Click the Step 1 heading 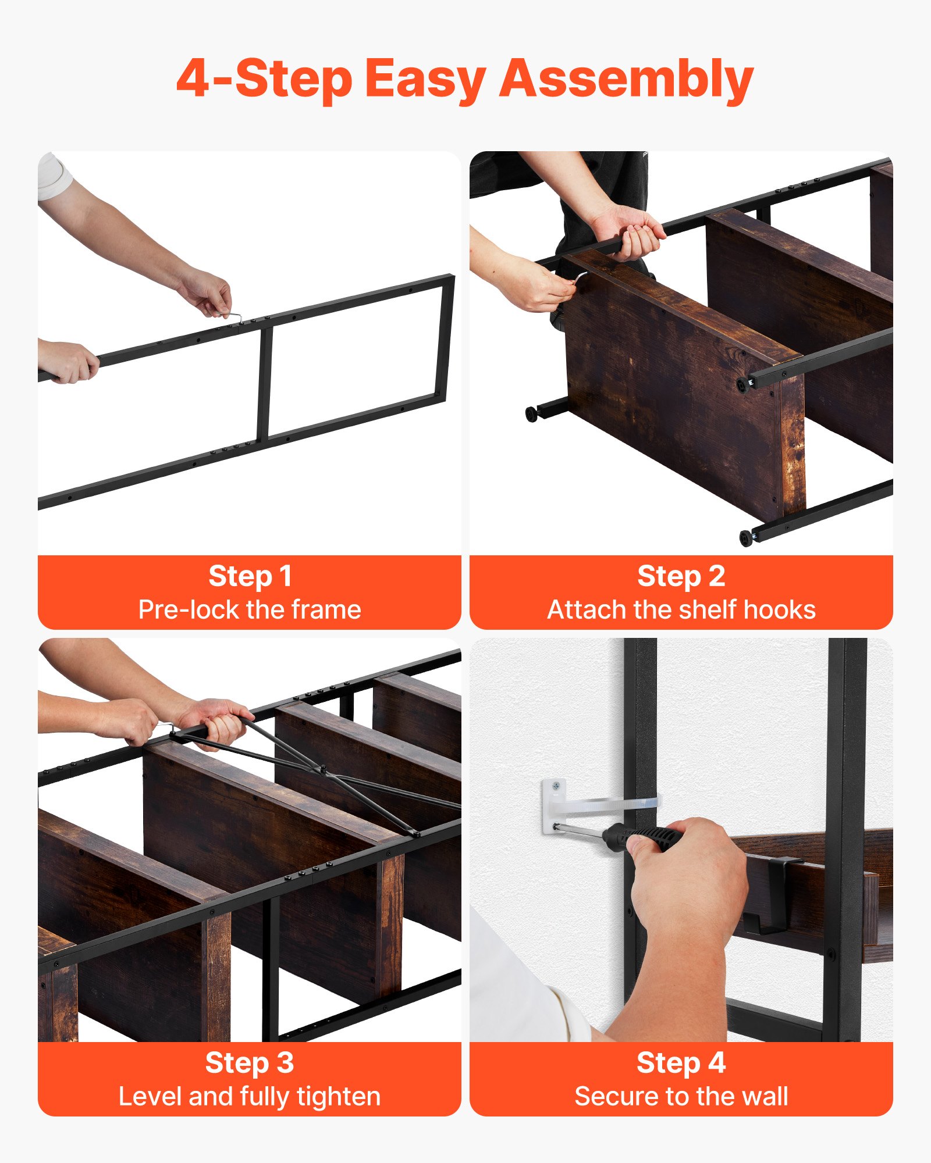(x=250, y=576)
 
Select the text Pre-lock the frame (x=250, y=610)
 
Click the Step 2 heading (x=681, y=576)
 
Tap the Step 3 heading (x=250, y=1062)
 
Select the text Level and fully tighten (x=250, y=1097)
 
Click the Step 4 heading (x=681, y=1062)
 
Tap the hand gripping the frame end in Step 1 (x=69, y=362)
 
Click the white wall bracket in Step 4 (x=553, y=805)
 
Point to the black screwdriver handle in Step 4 (x=643, y=837)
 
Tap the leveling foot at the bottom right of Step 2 (x=746, y=537)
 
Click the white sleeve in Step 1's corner (x=54, y=176)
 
